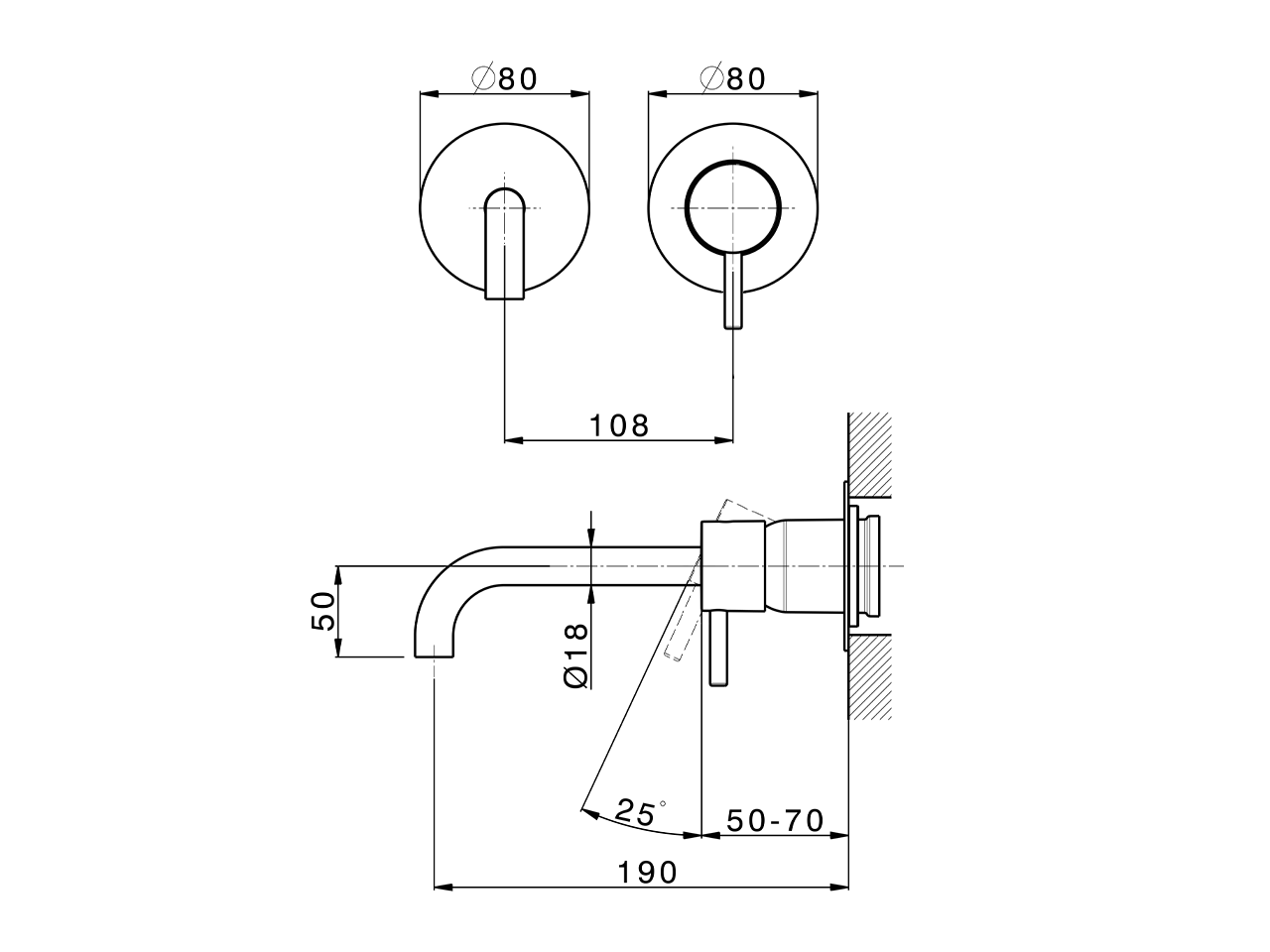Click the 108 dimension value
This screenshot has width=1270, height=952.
coord(619,425)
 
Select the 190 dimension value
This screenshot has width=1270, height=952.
coord(647,873)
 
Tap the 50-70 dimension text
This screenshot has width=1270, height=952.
coord(775,821)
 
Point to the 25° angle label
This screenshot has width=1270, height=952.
coord(637,813)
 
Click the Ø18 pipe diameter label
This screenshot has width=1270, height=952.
coord(576,655)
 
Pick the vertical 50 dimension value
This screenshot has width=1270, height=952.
coord(323,611)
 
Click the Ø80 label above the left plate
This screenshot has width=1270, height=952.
coord(505,79)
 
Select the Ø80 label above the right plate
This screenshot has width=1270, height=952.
coord(733,79)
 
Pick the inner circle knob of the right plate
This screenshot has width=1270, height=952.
coord(733,207)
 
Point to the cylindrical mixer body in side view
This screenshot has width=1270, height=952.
coord(734,565)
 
